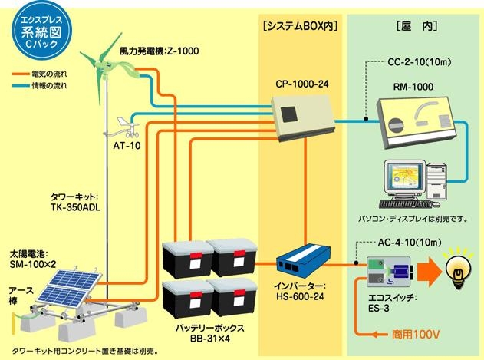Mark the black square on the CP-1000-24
[x=290, y=115]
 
